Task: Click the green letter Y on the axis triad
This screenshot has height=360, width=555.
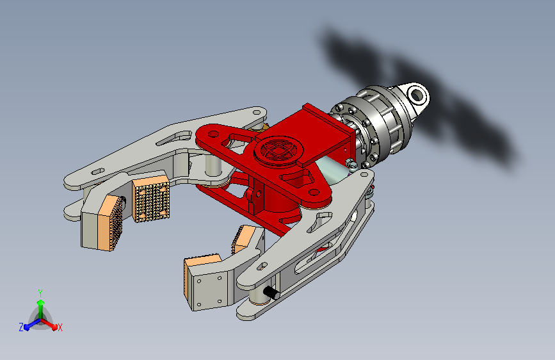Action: point(40,293)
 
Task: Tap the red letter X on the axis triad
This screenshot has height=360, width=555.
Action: point(60,327)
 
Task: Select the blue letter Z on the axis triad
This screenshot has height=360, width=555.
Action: point(21,327)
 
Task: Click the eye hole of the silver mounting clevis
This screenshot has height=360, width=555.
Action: point(417,95)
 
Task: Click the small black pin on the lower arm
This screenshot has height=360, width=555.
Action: point(271,293)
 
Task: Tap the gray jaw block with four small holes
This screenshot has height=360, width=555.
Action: point(209,288)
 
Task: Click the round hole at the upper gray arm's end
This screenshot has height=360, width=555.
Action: point(257,112)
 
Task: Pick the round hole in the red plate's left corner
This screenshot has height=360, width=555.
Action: point(213,135)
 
